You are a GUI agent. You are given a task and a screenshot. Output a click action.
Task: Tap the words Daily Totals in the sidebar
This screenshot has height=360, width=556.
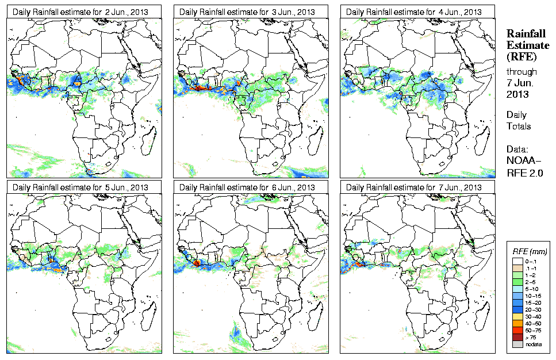click(x=519, y=120)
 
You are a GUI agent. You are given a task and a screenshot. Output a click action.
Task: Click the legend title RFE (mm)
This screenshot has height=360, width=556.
click(x=530, y=252)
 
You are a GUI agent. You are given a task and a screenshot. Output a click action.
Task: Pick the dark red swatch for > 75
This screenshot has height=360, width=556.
click(x=517, y=338)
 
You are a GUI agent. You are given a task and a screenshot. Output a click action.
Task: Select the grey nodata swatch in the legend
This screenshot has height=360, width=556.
click(x=517, y=344)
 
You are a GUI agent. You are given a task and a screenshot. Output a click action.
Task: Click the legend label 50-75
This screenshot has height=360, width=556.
click(x=533, y=331)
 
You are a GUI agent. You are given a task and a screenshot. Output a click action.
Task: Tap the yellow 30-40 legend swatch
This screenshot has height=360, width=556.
click(x=517, y=317)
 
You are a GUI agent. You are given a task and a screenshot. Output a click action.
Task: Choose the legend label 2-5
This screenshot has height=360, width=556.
click(x=532, y=282)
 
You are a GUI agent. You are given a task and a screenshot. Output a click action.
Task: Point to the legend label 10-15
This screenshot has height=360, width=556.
click(x=533, y=296)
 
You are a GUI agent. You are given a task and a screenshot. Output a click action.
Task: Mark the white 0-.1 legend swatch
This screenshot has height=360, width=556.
click(x=517, y=262)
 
